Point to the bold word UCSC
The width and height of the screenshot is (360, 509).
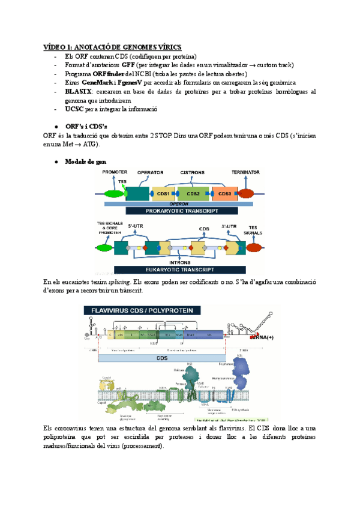coord(75,110)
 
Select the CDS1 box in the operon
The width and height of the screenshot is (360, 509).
coord(163,193)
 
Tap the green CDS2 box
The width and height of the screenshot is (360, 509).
coord(193,193)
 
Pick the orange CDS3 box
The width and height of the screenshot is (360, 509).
coord(224,193)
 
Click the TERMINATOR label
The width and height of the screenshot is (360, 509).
coord(245,172)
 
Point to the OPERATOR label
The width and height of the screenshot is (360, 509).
coord(151,172)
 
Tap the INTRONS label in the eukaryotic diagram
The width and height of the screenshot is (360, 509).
coord(181,262)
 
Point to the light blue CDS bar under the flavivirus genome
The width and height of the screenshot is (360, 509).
coord(162,358)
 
